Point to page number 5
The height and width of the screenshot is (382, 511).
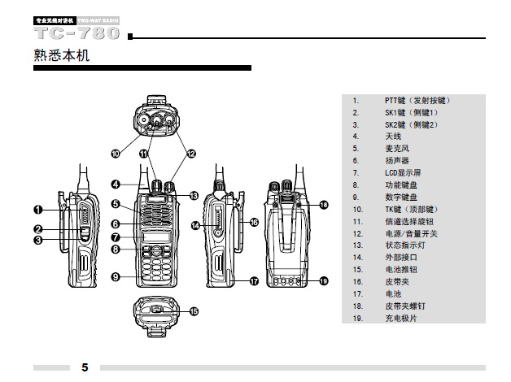[85, 367]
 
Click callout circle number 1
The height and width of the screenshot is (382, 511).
[37, 210]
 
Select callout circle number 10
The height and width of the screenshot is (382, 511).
[115, 152]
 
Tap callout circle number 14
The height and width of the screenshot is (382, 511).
[195, 225]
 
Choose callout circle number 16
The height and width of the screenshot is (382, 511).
[253, 221]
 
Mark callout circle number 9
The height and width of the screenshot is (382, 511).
[116, 276]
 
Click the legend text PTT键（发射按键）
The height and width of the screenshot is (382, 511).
[417, 101]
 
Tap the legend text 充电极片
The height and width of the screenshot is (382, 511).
[402, 318]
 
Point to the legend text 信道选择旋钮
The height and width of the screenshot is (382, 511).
[408, 221]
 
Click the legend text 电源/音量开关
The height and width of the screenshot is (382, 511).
[411, 233]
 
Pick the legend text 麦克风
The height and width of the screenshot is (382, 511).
[397, 149]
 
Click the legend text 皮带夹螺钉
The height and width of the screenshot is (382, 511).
[404, 306]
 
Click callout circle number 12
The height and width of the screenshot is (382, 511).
[191, 152]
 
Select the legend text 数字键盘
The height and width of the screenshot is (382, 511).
[400, 197]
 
